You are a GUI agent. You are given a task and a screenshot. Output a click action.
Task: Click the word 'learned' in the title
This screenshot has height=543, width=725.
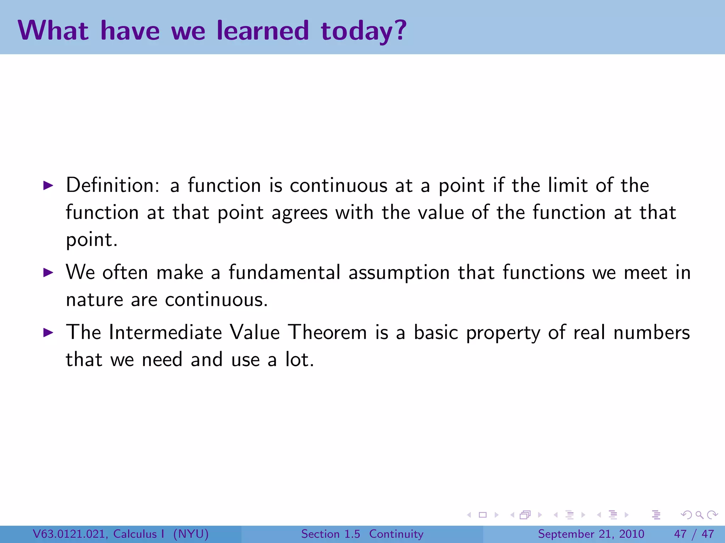point(263,31)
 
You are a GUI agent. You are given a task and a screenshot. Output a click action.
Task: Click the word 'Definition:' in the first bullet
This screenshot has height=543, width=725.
point(113,185)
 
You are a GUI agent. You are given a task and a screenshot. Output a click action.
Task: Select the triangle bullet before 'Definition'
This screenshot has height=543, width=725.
point(48,185)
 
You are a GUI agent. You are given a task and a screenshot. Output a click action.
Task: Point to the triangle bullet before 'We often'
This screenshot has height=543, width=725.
point(48,273)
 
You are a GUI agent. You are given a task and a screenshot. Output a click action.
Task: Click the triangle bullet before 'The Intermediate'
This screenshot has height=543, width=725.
point(48,332)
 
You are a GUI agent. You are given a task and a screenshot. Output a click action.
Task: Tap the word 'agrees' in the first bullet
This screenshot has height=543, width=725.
point(299,213)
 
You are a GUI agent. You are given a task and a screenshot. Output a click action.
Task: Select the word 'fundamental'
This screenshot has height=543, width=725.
point(284,273)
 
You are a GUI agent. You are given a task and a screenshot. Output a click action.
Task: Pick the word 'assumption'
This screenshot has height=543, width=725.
point(399,273)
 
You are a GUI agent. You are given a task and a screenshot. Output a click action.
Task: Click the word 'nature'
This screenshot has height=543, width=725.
point(95,300)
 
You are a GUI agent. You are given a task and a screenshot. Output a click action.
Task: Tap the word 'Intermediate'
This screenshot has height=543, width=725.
point(165,332)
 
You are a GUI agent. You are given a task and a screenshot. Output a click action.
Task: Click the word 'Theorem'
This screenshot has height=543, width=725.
point(327,332)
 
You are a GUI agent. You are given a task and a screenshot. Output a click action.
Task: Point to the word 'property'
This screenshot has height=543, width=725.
point(503,333)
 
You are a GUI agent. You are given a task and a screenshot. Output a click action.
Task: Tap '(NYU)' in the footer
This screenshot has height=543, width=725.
point(191,534)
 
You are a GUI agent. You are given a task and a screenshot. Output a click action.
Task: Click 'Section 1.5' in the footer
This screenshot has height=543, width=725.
point(330,534)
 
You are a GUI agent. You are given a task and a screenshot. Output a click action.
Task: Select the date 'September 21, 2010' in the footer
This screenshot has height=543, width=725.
point(591,534)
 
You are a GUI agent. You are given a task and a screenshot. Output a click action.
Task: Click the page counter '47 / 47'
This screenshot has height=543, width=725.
point(694,534)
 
